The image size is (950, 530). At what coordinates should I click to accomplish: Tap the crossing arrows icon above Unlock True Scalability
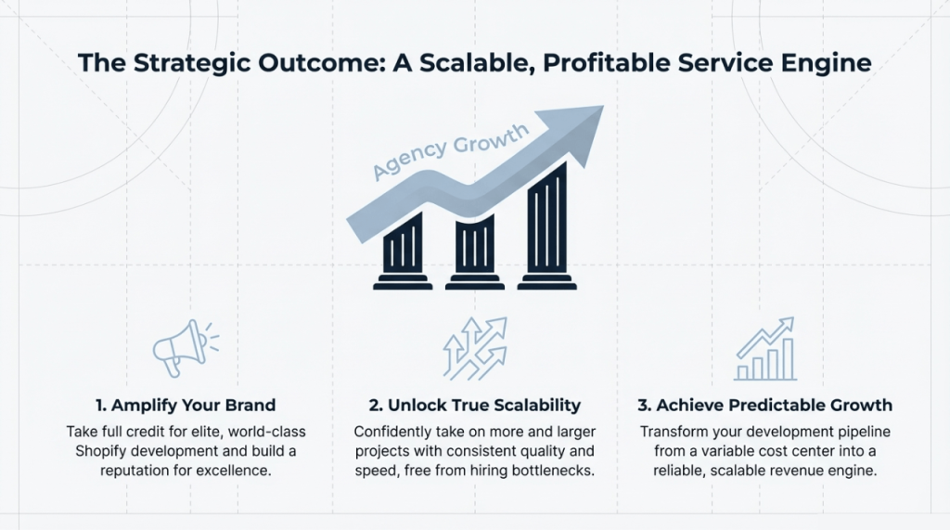tap(474, 349)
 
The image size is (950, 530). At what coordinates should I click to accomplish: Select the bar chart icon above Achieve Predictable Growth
tap(764, 349)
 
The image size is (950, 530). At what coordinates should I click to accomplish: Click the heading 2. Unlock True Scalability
tap(474, 405)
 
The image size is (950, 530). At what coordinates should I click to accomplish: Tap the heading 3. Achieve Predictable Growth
tap(766, 405)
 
